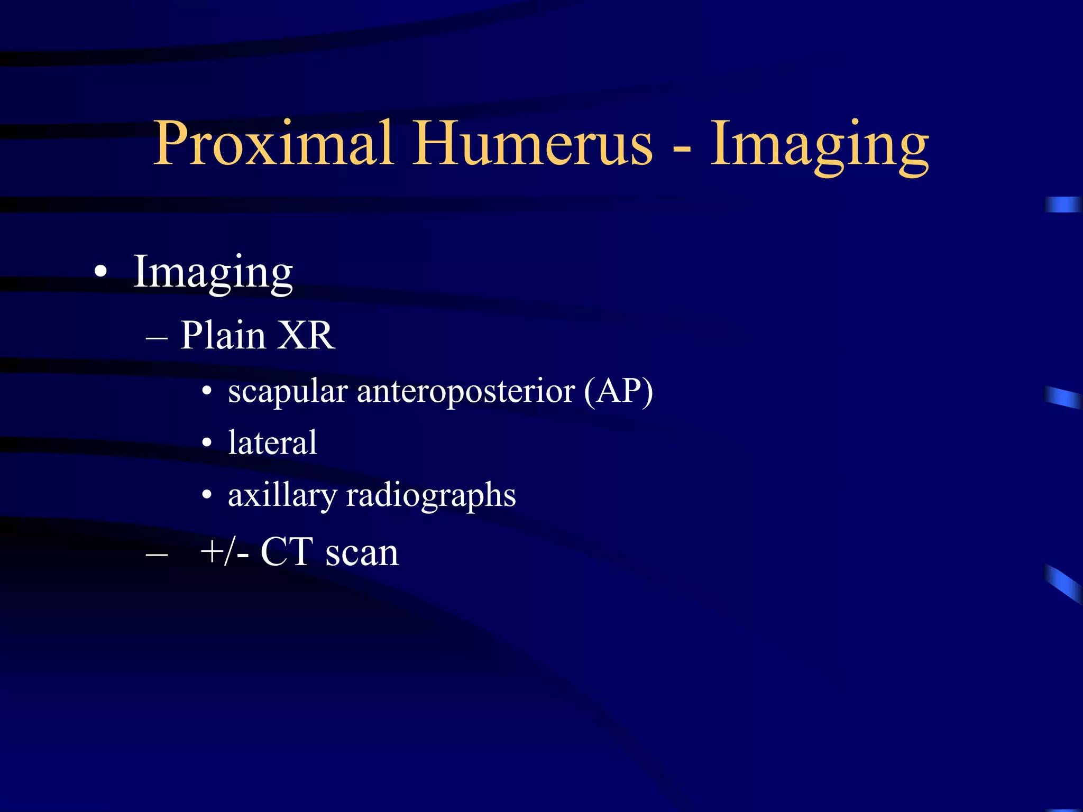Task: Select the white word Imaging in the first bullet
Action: pos(213,273)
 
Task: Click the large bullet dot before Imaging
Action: pos(100,273)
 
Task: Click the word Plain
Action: pos(223,335)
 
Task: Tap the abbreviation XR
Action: pos(306,335)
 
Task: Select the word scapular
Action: pos(288,392)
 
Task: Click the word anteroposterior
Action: pos(466,392)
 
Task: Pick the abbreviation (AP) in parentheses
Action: pos(619,392)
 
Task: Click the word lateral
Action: pos(272,442)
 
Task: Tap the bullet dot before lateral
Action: pos(207,443)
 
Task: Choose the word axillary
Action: pos(282,496)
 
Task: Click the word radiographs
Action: pos(430,496)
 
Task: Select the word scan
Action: pos(362,553)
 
